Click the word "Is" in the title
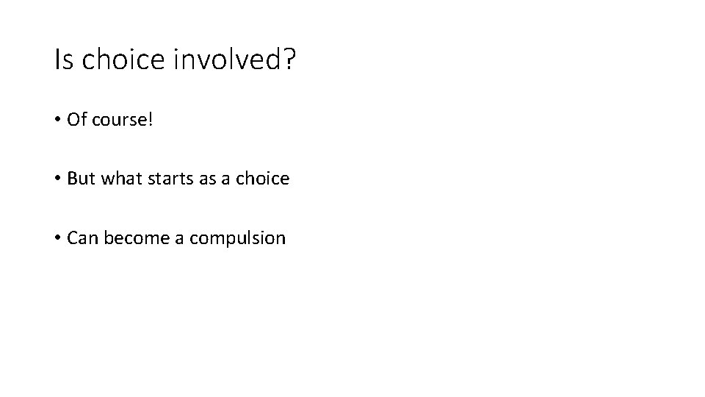coord(64,60)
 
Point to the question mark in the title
coord(287,60)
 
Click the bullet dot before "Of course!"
coord(58,120)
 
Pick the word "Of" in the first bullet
coord(76,119)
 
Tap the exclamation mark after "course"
coord(151,119)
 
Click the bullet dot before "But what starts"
coord(58,179)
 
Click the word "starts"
coord(170,179)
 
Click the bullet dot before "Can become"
coord(58,238)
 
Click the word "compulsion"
coord(237,239)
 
